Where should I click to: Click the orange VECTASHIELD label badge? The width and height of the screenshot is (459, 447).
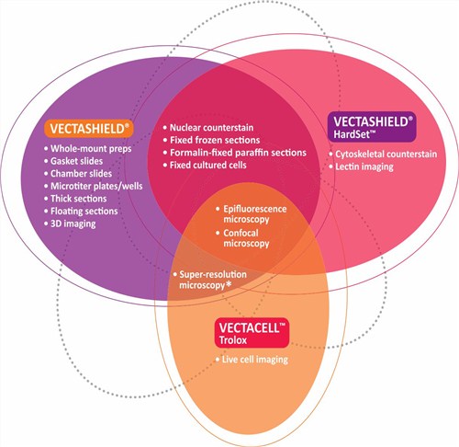click(89, 128)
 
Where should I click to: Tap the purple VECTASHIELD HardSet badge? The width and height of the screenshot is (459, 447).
click(372, 127)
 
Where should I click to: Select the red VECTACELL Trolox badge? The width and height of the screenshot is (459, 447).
click(252, 333)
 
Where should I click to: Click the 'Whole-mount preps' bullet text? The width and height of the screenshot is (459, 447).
click(91, 149)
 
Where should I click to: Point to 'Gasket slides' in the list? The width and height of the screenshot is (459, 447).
click(76, 161)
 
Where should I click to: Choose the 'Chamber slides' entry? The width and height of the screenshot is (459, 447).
click(81, 174)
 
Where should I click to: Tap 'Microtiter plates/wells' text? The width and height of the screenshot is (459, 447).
click(96, 186)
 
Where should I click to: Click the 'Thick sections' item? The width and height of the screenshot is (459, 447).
click(79, 199)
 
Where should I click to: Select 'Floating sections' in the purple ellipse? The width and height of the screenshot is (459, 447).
click(84, 212)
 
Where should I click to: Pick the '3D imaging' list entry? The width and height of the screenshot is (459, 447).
click(73, 223)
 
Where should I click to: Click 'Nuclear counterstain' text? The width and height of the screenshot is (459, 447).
click(211, 128)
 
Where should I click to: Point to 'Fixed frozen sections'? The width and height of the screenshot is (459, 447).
click(215, 140)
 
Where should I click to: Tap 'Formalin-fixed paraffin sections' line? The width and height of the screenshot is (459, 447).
click(238, 153)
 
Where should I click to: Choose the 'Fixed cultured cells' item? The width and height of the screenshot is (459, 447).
click(208, 166)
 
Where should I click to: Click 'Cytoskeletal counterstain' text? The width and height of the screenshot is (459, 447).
click(386, 155)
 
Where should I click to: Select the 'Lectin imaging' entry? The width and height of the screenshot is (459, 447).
click(364, 166)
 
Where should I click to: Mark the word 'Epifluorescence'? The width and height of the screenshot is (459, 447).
click(255, 209)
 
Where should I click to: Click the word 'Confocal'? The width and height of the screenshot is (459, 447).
click(241, 233)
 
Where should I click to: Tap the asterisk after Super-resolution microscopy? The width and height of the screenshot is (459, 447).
click(229, 284)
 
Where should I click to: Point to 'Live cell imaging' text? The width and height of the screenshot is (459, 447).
click(255, 360)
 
